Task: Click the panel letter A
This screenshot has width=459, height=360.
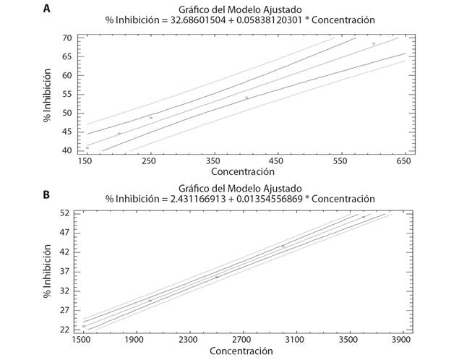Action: pos(47,9)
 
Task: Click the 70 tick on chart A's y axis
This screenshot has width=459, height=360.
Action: pos(67,38)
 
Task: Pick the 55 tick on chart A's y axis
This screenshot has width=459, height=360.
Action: pos(67,94)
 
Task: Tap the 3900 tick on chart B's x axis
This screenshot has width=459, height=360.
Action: pos(402,338)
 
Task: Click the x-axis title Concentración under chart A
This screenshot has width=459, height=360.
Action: pos(243,172)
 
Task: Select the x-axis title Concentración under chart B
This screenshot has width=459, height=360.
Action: pos(241,351)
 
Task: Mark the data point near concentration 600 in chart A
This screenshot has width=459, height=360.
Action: pos(374,44)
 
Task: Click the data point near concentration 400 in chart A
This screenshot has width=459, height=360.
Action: pos(246,98)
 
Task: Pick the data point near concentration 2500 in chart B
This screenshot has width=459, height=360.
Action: pos(216,277)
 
